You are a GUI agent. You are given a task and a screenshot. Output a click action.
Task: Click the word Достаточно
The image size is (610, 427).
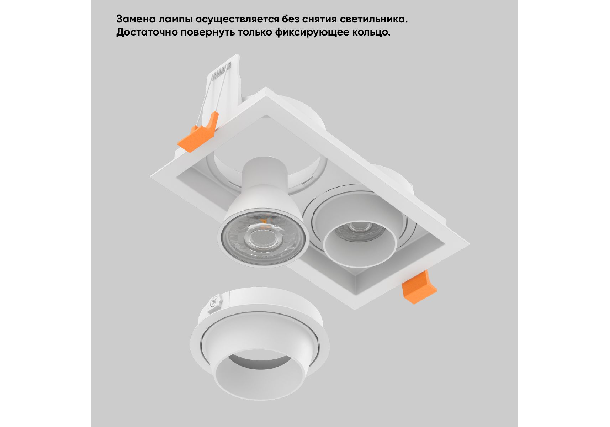click(147, 32)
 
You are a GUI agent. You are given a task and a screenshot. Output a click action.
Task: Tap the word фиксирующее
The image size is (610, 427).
click(312, 33)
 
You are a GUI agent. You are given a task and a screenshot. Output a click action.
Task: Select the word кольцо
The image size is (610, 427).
click(371, 33)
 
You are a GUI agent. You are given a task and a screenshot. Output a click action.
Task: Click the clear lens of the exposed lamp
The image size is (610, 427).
click(262, 237)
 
